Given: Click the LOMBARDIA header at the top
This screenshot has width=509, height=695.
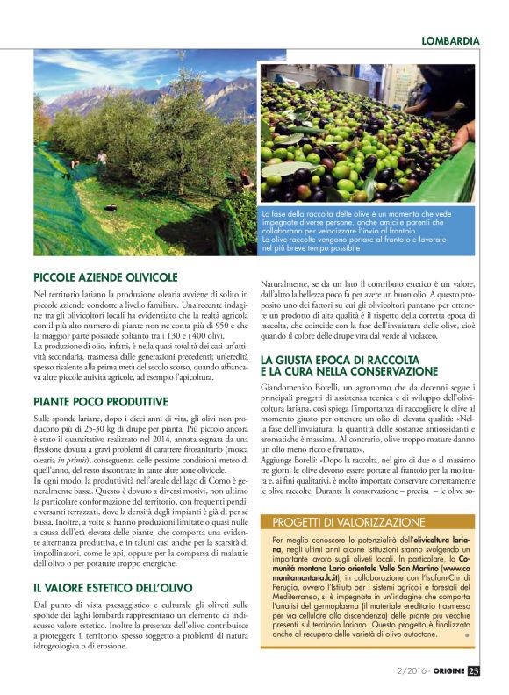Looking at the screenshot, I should tap(450, 40).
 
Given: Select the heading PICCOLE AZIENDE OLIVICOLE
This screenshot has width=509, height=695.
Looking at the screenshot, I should tap(105, 276).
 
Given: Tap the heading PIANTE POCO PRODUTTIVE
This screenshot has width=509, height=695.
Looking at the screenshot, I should tap(100, 400).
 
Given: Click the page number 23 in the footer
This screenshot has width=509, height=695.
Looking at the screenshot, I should tap(473, 671).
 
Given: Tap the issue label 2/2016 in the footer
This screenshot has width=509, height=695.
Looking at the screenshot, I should tap(409, 671).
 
